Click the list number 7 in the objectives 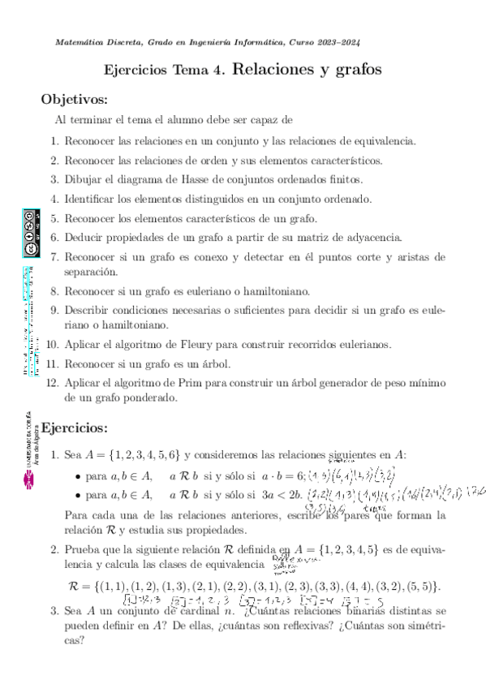(54, 257)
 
